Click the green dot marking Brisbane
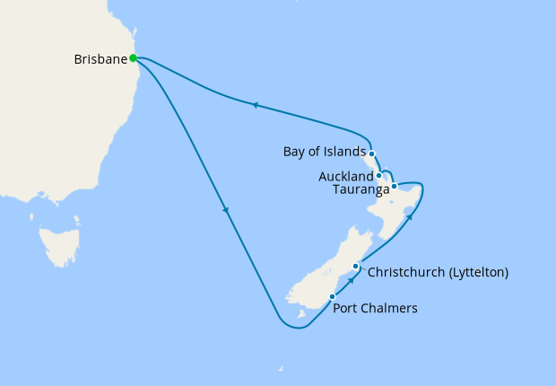pos(133,58)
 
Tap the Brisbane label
pos(100,59)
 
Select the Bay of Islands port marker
pos(371,154)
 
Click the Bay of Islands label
pos(325,151)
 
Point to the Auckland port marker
pos(379,176)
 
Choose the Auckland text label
pos(345,177)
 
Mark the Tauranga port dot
pos(394,187)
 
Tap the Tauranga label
pos(361,189)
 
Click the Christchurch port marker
pos(356,267)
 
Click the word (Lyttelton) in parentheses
pos(475,272)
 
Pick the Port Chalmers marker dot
pos(332,296)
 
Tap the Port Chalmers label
pos(375,309)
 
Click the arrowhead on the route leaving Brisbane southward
pos(226,212)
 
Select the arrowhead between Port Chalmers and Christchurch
pos(352,278)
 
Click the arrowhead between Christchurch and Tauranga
pos(409,215)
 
